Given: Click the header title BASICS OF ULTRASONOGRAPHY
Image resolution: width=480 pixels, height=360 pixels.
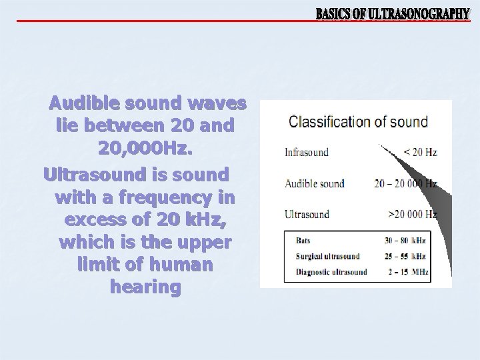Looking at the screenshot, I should pyautogui.click(x=392, y=13).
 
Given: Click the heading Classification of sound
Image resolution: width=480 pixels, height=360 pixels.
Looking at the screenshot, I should pyautogui.click(x=358, y=122).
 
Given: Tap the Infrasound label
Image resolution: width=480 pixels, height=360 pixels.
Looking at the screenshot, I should pyautogui.click(x=307, y=152).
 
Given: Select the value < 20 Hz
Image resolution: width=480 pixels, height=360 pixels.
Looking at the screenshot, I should pyautogui.click(x=420, y=152).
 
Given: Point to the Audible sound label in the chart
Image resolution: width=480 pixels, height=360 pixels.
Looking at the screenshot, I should pyautogui.click(x=315, y=183).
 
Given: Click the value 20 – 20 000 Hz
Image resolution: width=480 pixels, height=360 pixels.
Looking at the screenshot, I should pyautogui.click(x=405, y=183).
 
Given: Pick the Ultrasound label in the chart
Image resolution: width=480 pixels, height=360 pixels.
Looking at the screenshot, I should pyautogui.click(x=307, y=215).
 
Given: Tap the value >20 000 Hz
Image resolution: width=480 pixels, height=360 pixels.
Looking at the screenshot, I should pyautogui.click(x=412, y=215).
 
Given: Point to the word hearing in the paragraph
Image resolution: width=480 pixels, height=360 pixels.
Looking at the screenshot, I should pyautogui.click(x=145, y=287).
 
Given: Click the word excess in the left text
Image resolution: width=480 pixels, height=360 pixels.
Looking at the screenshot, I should pyautogui.click(x=92, y=219).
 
